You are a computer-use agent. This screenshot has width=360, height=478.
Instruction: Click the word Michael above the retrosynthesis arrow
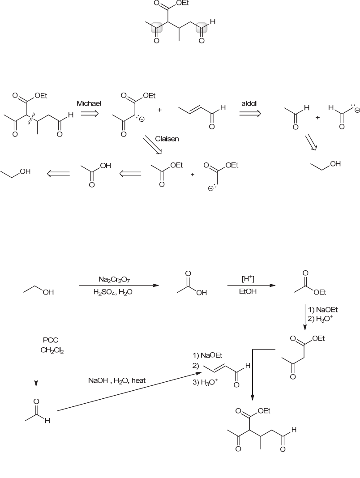coord(89,103)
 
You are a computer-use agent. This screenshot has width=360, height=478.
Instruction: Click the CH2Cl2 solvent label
coord(52,351)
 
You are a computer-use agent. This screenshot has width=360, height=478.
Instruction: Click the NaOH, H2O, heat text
coord(116,381)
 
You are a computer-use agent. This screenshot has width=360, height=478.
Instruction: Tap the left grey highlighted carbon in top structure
coord(156,29)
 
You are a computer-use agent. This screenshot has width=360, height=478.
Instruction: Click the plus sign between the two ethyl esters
coord(193,174)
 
